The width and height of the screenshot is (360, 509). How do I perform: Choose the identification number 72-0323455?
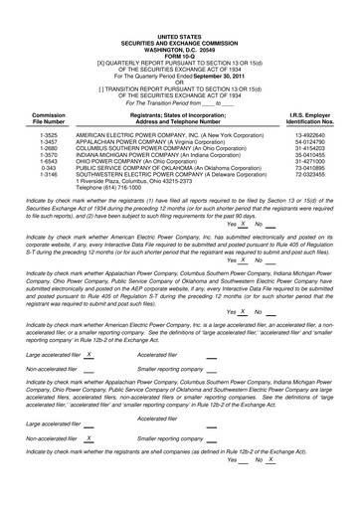coord(314,175)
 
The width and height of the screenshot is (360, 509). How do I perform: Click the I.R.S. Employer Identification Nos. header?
coord(313,116)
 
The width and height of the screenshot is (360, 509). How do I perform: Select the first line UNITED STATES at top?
coord(179,7)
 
